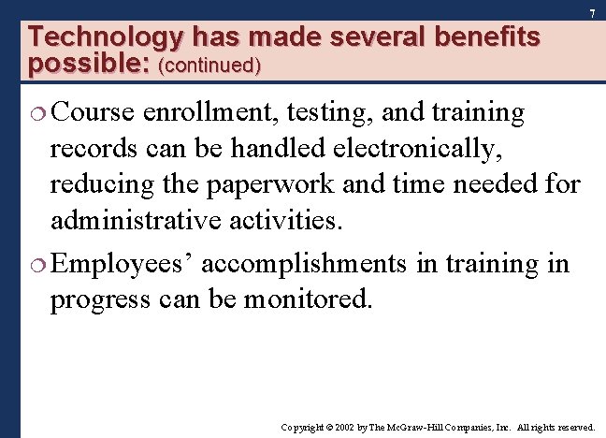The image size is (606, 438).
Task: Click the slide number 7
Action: pos(592,13)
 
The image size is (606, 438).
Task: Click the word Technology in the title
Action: pos(106,37)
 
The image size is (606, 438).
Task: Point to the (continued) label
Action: pos(210,66)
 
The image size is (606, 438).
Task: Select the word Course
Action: pos(95,113)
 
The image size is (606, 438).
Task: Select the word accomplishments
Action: pos(304,265)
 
